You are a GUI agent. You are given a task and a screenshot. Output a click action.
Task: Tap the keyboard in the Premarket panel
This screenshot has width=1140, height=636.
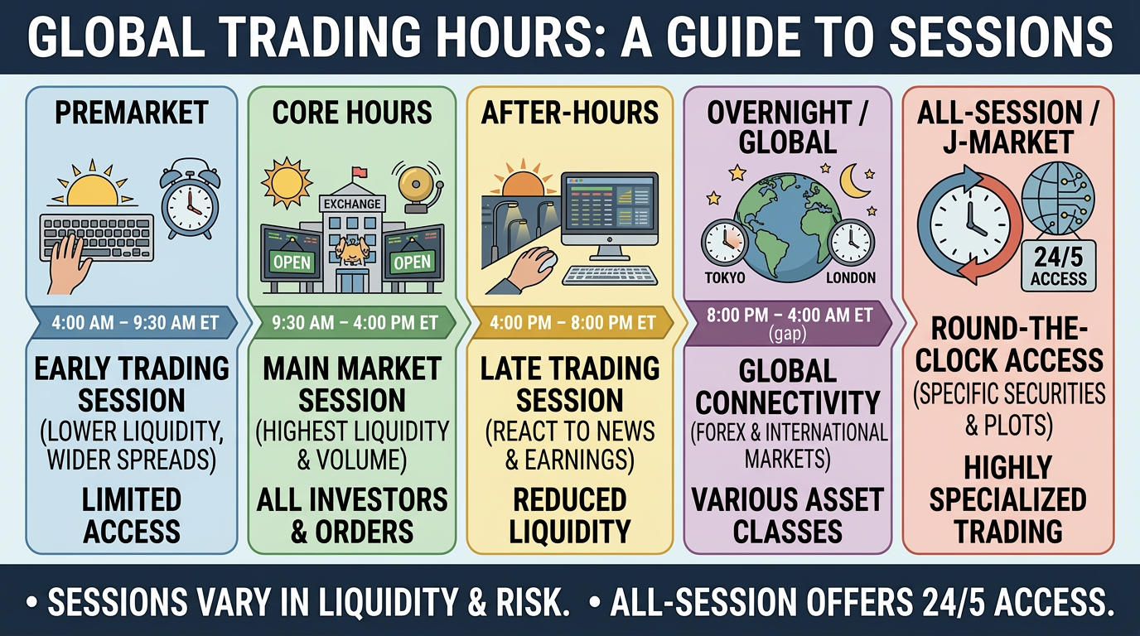pyautogui.click(x=98, y=238)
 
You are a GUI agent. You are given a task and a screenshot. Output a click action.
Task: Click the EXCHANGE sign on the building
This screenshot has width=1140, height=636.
pyautogui.click(x=352, y=203)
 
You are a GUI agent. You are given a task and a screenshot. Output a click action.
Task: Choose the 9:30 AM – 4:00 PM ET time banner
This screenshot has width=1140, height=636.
pyautogui.click(x=352, y=323)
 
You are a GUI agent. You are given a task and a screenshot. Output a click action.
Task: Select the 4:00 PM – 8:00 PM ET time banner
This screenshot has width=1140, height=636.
pyautogui.click(x=572, y=323)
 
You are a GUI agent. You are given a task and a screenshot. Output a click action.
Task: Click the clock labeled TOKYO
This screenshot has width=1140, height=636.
pyautogui.click(x=723, y=243)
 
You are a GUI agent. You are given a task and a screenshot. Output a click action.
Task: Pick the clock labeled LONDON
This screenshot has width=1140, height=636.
pyautogui.click(x=851, y=243)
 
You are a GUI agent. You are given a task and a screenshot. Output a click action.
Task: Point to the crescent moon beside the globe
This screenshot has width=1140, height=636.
pyautogui.click(x=854, y=180)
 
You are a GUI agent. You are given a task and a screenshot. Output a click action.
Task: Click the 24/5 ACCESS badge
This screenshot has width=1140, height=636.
pyautogui.click(x=1058, y=266)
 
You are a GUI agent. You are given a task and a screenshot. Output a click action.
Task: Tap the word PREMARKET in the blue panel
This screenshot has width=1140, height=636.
pyautogui.click(x=132, y=113)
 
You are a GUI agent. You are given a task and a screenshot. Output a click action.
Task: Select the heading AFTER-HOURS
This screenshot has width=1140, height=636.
pyautogui.click(x=570, y=113)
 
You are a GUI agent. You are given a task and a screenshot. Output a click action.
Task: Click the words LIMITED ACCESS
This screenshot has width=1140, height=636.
pyautogui.click(x=132, y=515)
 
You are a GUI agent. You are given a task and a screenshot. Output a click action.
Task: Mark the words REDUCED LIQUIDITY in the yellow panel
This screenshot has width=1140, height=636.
pyautogui.click(x=570, y=515)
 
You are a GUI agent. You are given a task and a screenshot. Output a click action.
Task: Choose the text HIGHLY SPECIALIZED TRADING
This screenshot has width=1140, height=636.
pyautogui.click(x=1008, y=500)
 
